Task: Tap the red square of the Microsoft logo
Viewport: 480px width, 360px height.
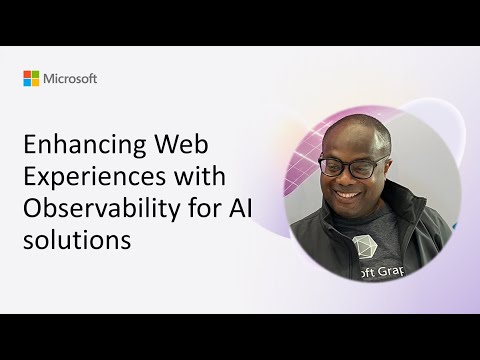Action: click(x=27, y=74)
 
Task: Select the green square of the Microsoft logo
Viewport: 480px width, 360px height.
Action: click(x=35, y=74)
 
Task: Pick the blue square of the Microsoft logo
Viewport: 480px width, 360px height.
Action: click(x=27, y=82)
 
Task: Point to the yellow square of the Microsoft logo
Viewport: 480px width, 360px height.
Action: click(x=35, y=82)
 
